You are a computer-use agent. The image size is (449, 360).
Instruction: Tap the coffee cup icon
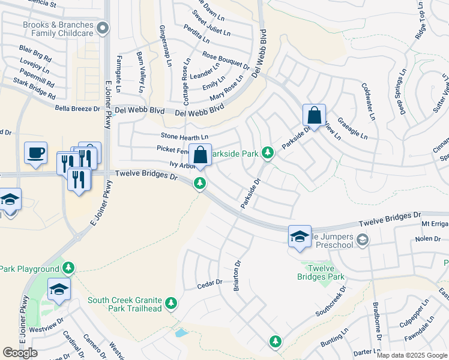click(x=35, y=152)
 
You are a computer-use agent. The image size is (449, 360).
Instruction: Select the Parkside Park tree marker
click(x=268, y=154)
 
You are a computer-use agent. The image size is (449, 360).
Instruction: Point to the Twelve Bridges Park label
click(x=321, y=272)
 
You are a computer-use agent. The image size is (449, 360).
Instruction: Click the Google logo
click(x=20, y=353)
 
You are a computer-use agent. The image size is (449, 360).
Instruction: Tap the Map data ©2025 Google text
click(x=412, y=355)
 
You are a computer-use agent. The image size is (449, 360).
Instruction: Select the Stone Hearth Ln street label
click(x=184, y=136)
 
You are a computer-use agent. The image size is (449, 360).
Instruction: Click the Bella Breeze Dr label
click(x=77, y=109)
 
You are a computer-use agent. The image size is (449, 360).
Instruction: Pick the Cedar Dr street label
click(x=210, y=283)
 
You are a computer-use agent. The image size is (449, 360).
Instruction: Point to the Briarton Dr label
click(x=237, y=276)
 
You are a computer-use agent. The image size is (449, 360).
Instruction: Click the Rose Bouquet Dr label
click(x=226, y=60)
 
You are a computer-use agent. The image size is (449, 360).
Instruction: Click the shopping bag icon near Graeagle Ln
click(x=314, y=114)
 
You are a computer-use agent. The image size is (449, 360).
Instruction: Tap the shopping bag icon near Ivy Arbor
click(x=200, y=154)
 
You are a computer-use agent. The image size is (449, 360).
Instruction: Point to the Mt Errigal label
click(x=435, y=223)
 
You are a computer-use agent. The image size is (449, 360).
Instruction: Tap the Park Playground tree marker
click(x=70, y=268)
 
